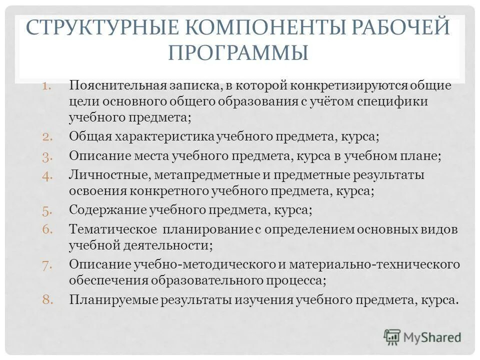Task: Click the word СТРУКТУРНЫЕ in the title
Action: click(89, 28)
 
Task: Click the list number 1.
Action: click(47, 85)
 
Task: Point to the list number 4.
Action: click(47, 175)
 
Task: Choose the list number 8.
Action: click(47, 300)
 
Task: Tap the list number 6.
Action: click(47, 229)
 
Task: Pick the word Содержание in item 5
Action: click(107, 210)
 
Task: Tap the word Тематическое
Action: click(112, 229)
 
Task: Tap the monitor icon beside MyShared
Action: click(392, 336)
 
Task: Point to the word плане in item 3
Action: click(424, 156)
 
